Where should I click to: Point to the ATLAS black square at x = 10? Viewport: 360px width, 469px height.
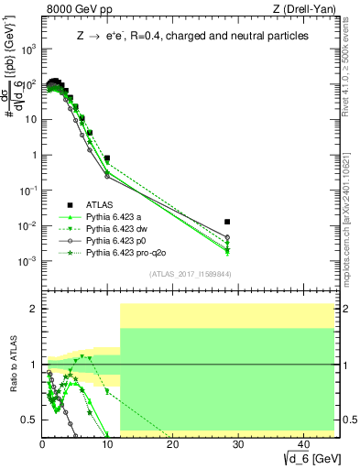[x=107, y=158]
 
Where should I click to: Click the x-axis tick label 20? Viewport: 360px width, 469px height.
[x=173, y=443]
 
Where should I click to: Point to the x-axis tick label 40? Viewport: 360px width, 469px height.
[x=303, y=443]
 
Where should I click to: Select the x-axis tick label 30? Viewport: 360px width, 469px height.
[x=238, y=443]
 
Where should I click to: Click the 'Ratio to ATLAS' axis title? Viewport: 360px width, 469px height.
[x=13, y=370]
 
